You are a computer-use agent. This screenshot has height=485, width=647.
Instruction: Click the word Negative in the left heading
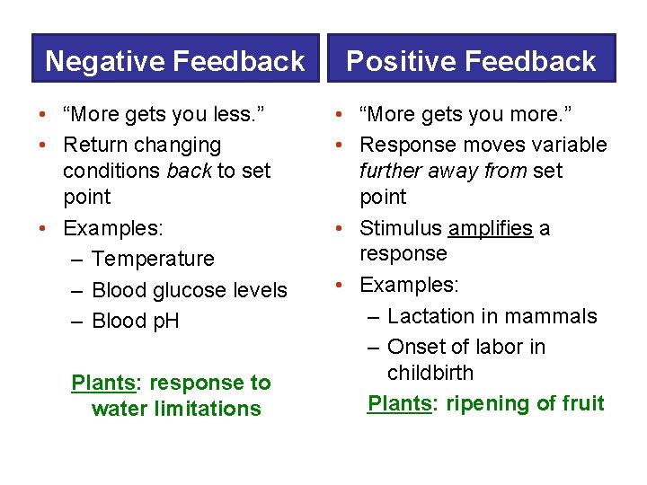105,61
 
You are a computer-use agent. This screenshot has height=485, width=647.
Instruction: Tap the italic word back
190,171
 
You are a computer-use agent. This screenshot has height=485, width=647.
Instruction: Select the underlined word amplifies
491,228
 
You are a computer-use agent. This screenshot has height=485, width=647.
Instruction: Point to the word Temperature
153,259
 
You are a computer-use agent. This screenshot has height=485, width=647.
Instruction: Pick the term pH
166,322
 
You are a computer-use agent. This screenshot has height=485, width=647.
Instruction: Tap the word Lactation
430,316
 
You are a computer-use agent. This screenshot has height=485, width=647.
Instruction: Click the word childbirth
430,373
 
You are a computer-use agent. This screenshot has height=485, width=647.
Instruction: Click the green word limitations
208,409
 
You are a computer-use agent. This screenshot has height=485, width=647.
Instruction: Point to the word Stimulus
401,228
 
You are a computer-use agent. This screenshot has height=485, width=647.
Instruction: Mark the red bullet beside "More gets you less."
42,114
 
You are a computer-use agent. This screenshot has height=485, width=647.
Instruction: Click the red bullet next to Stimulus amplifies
339,228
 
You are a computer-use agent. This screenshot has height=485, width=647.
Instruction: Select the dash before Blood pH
76,322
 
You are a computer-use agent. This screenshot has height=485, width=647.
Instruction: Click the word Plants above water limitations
103,384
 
